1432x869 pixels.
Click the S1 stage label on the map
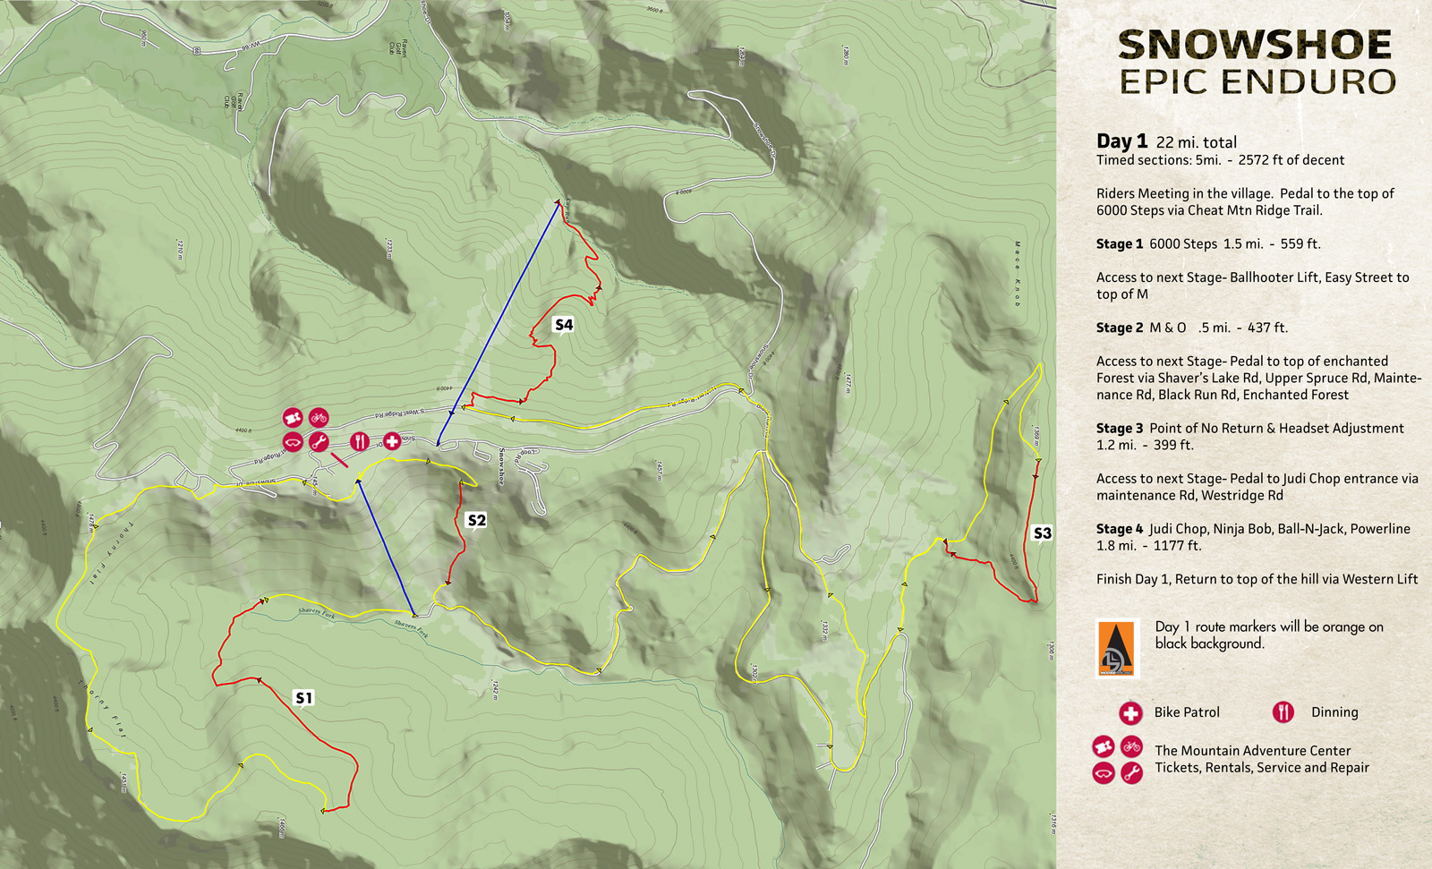click(303, 697)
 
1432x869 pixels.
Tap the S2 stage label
click(476, 520)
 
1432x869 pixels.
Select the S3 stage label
click(1042, 533)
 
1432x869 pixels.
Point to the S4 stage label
click(563, 325)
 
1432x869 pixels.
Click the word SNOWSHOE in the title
click(1255, 45)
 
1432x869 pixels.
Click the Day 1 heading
click(1121, 141)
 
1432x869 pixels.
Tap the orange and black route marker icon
click(1117, 648)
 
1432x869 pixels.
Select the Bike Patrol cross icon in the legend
click(1130, 712)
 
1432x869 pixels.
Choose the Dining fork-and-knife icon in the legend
click(1283, 712)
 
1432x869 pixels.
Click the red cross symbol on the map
click(392, 441)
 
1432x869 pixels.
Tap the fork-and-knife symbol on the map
click(359, 441)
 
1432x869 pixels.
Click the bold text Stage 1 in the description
click(1120, 243)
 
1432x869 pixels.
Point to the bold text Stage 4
click(1120, 529)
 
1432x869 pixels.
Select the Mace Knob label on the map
click(1018, 273)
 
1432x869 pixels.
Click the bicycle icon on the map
click(319, 417)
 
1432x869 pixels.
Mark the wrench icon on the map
click(319, 442)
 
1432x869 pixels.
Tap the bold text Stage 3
click(1120, 429)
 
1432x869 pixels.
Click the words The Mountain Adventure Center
click(1252, 751)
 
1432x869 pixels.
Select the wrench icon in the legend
click(1131, 772)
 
